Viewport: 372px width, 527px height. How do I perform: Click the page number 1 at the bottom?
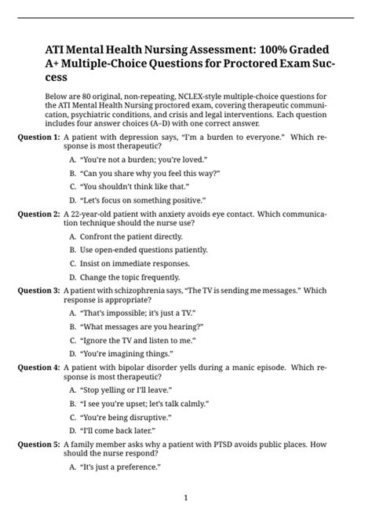pyautogui.click(x=186, y=497)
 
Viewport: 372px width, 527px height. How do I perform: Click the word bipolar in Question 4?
pyautogui.click(x=135, y=368)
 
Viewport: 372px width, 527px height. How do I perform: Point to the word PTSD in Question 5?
pyautogui.click(x=243, y=445)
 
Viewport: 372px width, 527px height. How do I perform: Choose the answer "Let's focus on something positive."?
pyautogui.click(x=142, y=199)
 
